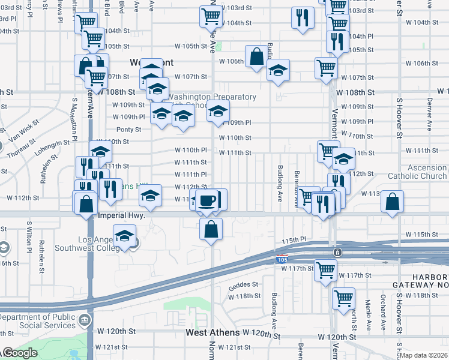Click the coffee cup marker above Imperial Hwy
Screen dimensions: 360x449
coord(208,200)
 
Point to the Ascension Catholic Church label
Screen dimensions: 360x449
coord(417,172)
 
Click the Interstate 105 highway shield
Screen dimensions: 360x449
coord(282,259)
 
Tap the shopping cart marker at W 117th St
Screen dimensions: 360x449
coord(325,270)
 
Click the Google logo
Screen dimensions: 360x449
coord(20,353)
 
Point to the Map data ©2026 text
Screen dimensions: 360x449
coord(423,355)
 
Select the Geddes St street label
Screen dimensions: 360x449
coord(243,284)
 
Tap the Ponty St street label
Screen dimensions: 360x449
coord(128,130)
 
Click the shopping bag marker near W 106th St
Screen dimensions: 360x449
coord(256,57)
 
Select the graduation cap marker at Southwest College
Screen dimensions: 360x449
coord(125,236)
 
